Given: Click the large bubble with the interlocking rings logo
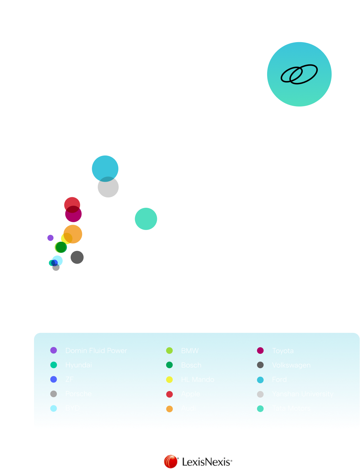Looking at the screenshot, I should click(299, 74).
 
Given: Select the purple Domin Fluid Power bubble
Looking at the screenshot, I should click(50, 238).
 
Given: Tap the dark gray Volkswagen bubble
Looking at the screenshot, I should click(77, 257).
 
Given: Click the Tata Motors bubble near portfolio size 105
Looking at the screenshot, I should click(146, 219).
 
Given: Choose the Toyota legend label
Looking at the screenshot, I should click(283, 351).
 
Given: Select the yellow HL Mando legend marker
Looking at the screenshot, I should click(169, 380).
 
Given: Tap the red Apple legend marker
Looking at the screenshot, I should click(169, 394).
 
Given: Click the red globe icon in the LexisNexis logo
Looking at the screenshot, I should click(171, 462).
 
